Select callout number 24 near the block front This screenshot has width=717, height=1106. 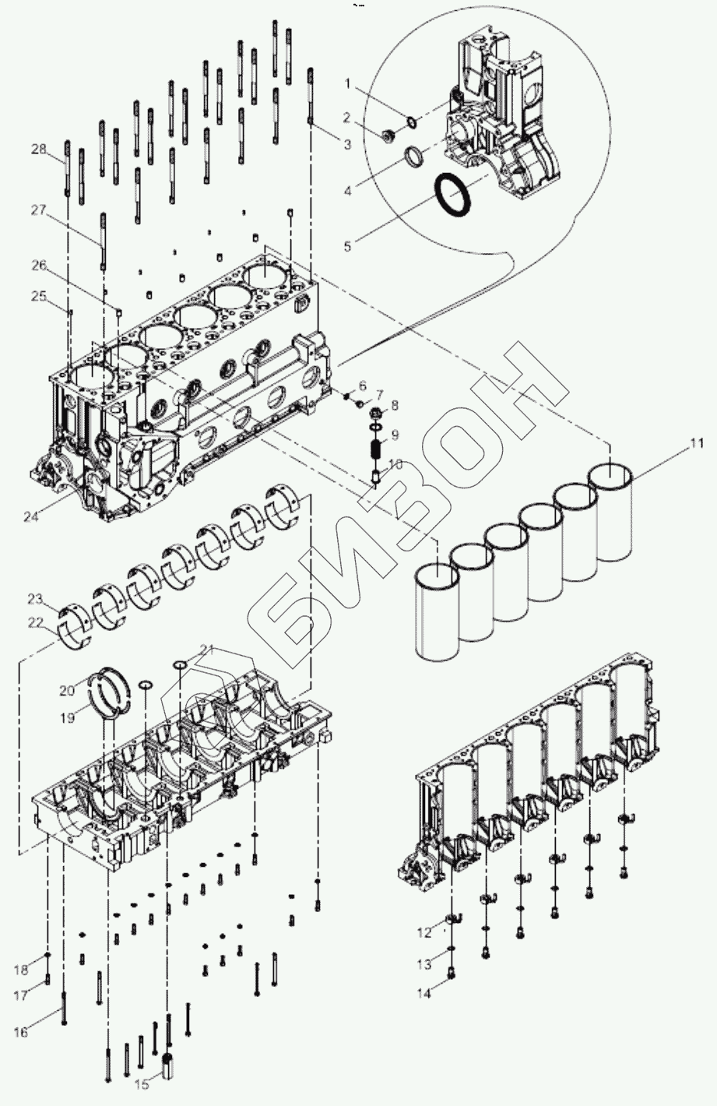[x=30, y=515]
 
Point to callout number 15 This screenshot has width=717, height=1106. [x=142, y=1083]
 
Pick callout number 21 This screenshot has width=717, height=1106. [x=206, y=649]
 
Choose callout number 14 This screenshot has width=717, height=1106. [x=424, y=993]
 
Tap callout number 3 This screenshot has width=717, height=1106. [x=346, y=144]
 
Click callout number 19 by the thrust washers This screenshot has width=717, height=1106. [x=68, y=717]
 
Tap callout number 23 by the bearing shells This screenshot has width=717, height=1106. [x=34, y=599]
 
